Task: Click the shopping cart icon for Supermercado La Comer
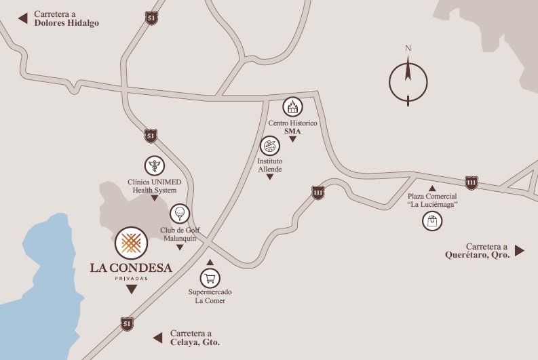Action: click(x=210, y=277)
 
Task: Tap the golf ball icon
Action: click(x=178, y=214)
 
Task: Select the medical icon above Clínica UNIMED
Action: click(x=155, y=165)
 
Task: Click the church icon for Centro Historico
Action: click(x=292, y=106)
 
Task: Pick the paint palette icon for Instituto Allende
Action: click(x=269, y=146)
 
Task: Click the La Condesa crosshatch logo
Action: click(x=131, y=243)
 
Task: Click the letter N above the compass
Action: click(x=408, y=48)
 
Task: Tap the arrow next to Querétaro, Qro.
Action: click(x=520, y=251)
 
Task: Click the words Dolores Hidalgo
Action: click(x=66, y=22)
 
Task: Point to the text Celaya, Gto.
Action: click(x=195, y=343)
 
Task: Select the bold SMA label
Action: click(x=292, y=130)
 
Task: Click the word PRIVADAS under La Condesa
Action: click(x=131, y=278)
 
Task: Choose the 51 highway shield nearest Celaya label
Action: click(x=127, y=323)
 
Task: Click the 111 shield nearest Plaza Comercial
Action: click(x=471, y=182)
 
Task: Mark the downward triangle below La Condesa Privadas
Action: click(x=131, y=289)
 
